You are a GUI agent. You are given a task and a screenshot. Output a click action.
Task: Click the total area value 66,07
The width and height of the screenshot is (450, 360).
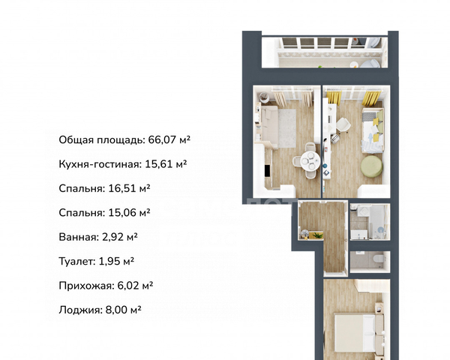click(x=161, y=139)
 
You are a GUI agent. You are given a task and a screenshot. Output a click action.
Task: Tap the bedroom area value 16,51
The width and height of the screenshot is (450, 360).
click(x=122, y=188)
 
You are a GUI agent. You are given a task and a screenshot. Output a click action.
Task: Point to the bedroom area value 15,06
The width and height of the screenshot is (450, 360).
click(x=122, y=213)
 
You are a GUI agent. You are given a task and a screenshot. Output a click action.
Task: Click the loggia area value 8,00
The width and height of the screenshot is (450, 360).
click(x=117, y=310)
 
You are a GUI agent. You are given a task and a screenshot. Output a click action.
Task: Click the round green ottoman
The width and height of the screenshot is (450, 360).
click(x=372, y=166)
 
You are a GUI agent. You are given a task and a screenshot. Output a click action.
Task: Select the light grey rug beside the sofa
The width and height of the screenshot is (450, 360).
click(x=287, y=128)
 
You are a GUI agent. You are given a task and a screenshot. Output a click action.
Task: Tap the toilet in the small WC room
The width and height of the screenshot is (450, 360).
click(x=378, y=259)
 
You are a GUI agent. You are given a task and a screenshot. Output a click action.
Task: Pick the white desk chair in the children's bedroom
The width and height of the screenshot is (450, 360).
click(x=343, y=125)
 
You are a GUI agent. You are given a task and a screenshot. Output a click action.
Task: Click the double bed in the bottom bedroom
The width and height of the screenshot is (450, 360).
click(x=358, y=332)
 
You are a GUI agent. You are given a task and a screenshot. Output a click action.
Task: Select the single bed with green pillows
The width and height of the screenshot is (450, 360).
click(x=373, y=130)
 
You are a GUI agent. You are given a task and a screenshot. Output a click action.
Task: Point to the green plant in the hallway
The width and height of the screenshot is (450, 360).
click(x=316, y=235)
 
